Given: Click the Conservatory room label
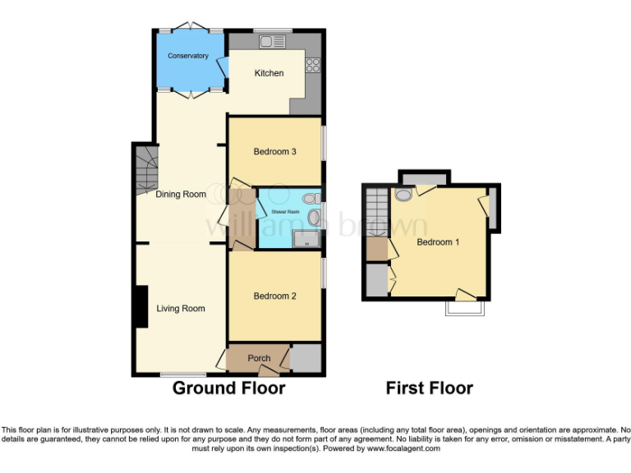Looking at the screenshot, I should [x=188, y=56].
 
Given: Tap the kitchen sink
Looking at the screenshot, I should [x=272, y=41].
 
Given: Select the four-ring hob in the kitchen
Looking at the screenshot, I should [x=313, y=64].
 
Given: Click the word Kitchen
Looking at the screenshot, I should [x=269, y=73].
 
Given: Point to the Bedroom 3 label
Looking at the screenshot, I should [x=274, y=152].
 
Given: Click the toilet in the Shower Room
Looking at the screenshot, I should [x=310, y=198].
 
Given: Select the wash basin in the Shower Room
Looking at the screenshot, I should [x=315, y=218].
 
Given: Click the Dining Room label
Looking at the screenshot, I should [x=181, y=195].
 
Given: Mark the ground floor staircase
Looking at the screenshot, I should [x=145, y=168].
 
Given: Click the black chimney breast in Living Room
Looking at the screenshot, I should [x=141, y=306].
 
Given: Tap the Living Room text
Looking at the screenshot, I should [x=181, y=309].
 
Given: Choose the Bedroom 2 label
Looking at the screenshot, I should [x=274, y=296].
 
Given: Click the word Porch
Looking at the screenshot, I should [x=259, y=359].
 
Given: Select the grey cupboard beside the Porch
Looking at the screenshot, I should [x=306, y=358].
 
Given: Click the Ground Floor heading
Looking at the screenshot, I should [x=228, y=388].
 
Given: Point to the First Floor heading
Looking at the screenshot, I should [x=430, y=388].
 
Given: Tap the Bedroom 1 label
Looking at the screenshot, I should [x=438, y=242].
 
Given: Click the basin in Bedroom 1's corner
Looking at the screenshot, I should [x=403, y=195].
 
